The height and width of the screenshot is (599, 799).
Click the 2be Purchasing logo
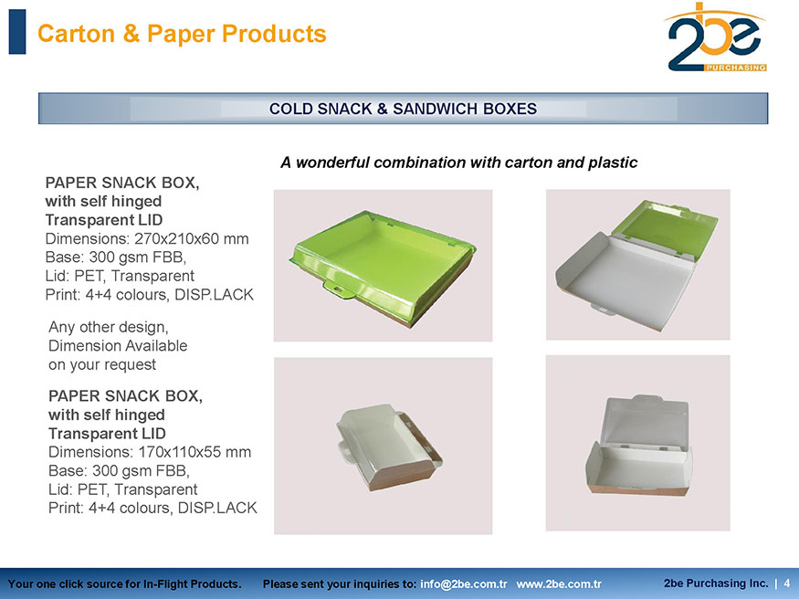tap(716, 37)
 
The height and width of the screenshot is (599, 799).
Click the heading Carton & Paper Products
tap(182, 34)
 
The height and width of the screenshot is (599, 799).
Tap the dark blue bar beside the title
tap(17, 32)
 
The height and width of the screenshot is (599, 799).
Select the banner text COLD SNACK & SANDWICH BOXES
tap(403, 109)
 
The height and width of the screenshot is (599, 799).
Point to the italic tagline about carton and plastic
tap(458, 163)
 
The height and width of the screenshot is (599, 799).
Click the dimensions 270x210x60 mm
tap(192, 238)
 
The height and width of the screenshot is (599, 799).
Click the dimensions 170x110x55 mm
tap(194, 452)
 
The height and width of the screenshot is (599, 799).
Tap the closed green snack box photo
tap(384, 266)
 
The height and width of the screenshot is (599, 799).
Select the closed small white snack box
tap(389, 447)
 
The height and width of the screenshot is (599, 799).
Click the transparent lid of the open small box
tap(645, 421)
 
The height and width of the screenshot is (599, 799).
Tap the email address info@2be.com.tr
tap(463, 584)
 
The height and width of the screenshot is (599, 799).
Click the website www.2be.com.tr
tap(559, 584)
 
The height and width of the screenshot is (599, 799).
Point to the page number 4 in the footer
tap(787, 583)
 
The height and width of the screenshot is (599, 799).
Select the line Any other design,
tap(109, 327)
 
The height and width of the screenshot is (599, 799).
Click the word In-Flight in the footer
tap(165, 584)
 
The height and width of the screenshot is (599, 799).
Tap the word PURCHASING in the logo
tap(735, 68)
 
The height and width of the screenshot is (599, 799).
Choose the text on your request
tap(102, 364)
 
